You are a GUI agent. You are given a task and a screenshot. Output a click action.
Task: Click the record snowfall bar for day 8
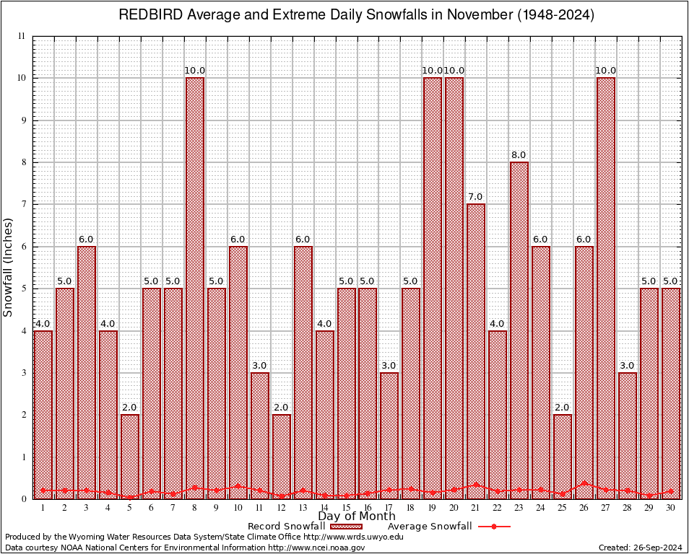[195, 289]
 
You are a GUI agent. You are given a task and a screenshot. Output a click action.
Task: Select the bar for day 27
[606, 289]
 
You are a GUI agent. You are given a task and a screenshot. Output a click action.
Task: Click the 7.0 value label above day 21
[475, 197]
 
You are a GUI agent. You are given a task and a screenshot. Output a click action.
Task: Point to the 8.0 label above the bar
[519, 155]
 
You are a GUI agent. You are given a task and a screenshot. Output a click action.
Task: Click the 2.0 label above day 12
[282, 408]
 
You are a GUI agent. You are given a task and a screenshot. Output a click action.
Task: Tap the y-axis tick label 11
[21, 36]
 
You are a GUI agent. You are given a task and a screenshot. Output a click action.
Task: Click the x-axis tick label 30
[671, 508]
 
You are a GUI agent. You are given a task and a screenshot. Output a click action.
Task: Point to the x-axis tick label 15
[346, 508]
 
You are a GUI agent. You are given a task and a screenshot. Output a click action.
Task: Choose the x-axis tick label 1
[43, 508]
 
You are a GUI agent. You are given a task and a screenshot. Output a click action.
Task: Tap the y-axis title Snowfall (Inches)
[9, 267]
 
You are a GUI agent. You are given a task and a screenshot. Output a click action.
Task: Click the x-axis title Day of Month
[357, 516]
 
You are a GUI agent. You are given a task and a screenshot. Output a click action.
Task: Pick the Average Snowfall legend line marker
[493, 527]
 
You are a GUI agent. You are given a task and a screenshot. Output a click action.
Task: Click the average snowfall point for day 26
[584, 483]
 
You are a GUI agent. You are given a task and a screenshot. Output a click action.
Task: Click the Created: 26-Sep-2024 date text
[641, 548]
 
